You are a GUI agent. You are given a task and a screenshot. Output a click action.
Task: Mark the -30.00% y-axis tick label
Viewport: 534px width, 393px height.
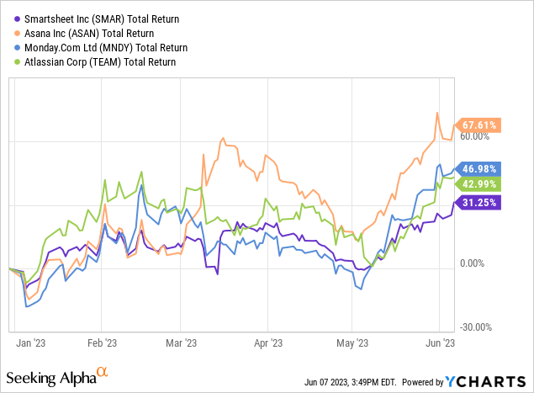coord(478,327)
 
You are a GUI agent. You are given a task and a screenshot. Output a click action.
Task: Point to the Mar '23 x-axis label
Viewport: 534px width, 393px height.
coord(181,343)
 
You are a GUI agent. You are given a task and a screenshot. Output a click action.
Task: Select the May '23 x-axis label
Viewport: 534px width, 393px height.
coord(353,343)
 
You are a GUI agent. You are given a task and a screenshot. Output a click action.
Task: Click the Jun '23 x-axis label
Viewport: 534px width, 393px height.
coord(440,343)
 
